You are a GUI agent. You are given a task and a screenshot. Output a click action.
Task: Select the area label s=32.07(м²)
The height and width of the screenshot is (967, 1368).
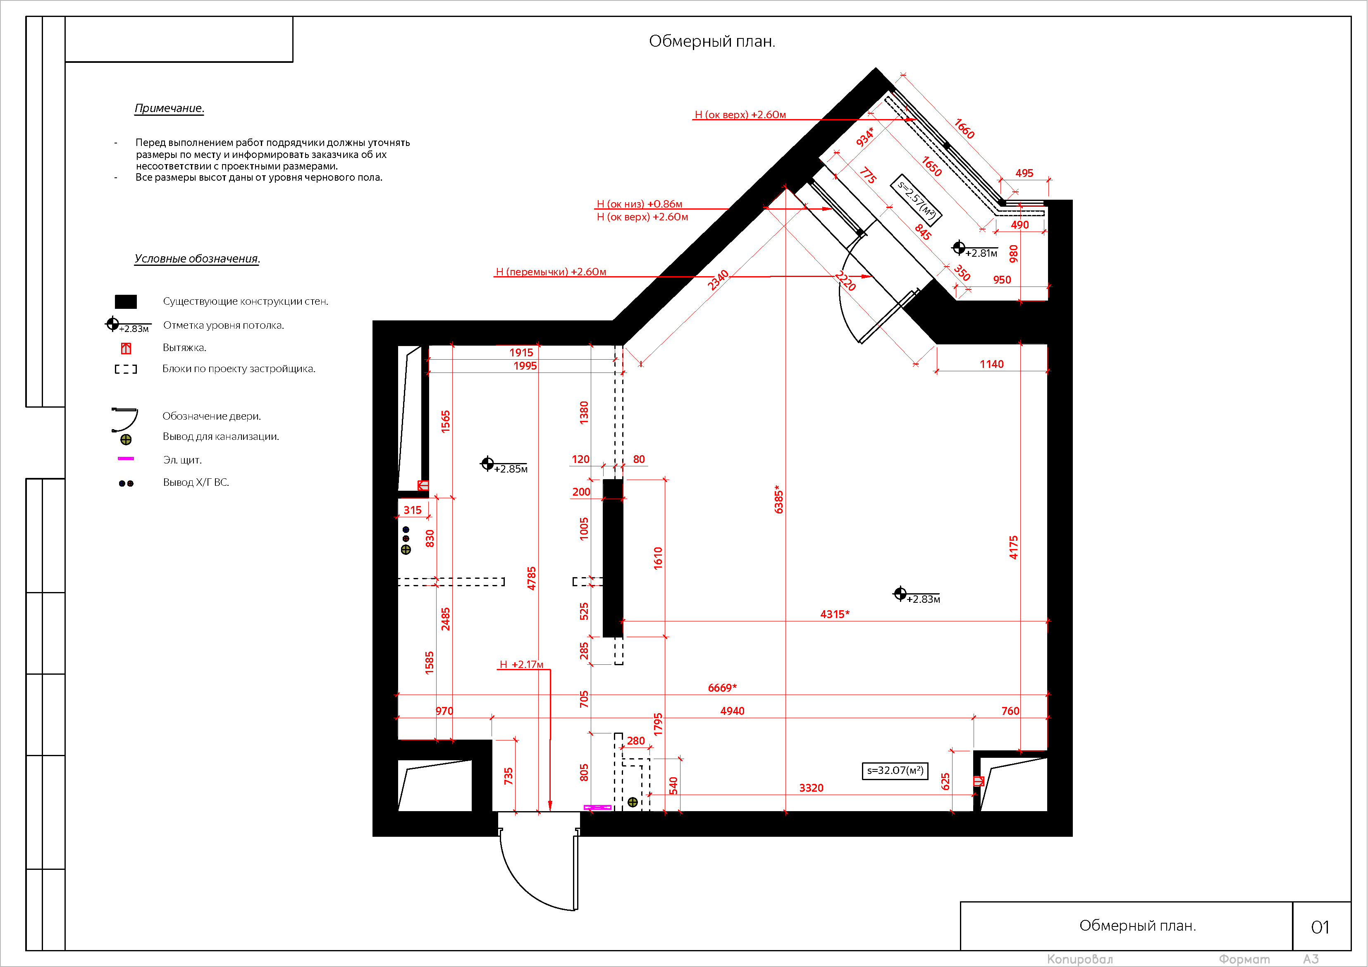[x=895, y=771]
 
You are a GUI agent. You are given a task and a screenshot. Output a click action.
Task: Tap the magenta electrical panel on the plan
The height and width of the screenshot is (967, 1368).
[x=597, y=807]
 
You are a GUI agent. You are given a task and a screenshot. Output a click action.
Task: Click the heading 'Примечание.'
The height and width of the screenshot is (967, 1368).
[x=169, y=108]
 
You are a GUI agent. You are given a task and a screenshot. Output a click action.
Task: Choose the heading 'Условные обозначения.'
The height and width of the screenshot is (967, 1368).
[x=197, y=258]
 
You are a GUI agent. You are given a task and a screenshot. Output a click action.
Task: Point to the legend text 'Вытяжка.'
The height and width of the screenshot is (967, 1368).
[x=184, y=347]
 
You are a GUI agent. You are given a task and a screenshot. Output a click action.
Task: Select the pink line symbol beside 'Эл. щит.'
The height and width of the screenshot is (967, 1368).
[x=126, y=458]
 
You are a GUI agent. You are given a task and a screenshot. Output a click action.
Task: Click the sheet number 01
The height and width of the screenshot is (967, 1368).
[x=1320, y=927]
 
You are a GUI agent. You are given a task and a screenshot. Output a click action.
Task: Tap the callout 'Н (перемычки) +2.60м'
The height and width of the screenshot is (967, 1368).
[x=551, y=272]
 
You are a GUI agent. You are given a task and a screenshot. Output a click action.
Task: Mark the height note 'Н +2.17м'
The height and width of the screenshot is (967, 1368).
[x=521, y=664]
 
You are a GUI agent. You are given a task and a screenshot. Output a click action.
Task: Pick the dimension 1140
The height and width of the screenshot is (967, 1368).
[x=991, y=364]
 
